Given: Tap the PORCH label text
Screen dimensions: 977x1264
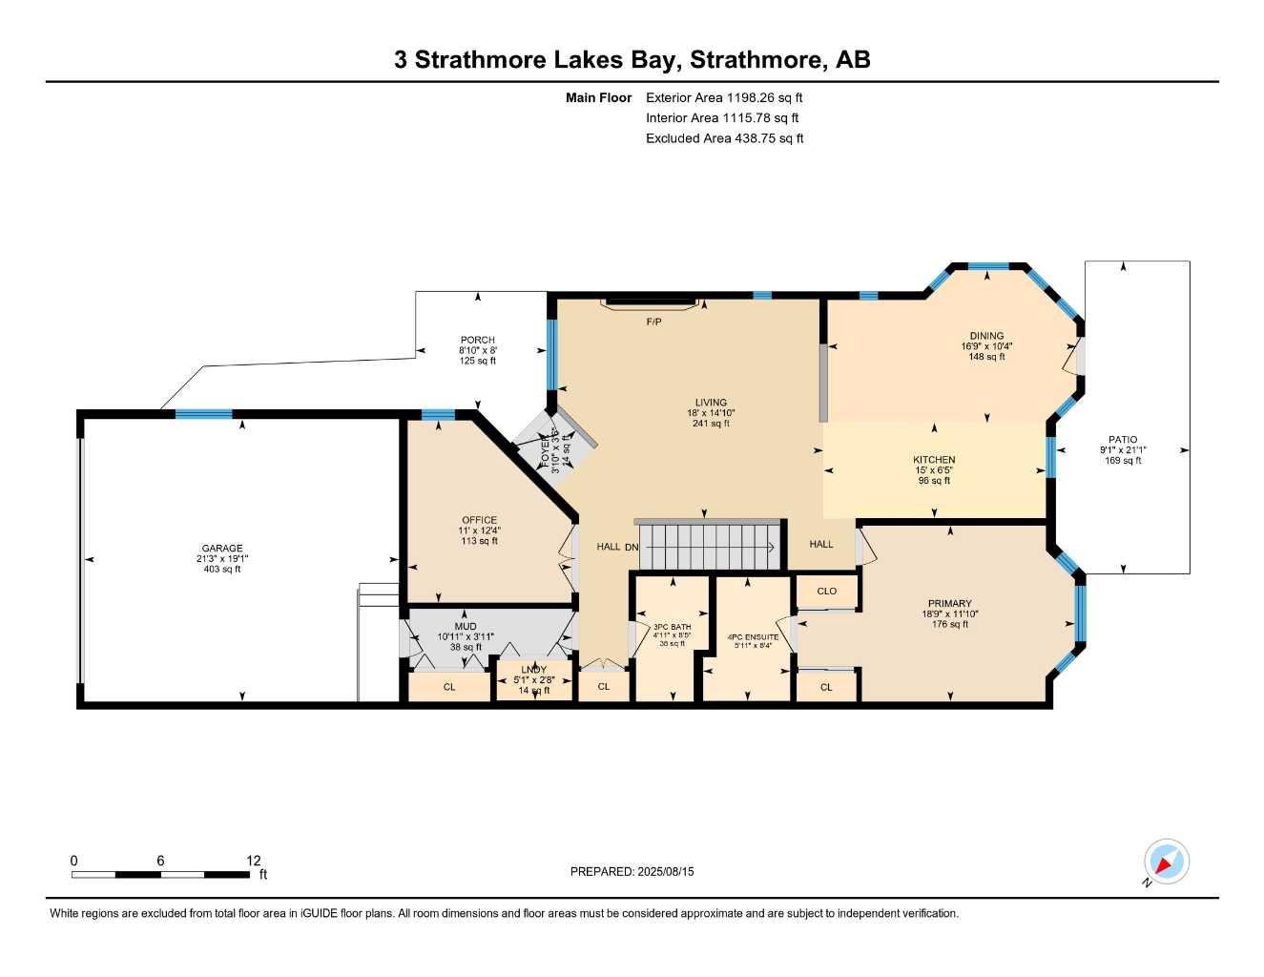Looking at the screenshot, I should point(478,340).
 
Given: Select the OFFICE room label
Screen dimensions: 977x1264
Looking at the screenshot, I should point(480,520).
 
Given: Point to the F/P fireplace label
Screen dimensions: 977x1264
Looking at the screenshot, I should point(653,322).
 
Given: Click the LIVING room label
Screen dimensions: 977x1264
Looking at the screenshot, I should point(711,403).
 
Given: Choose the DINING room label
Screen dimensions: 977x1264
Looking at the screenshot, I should point(986,336).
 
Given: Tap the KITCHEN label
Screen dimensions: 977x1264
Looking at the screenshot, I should point(934,460).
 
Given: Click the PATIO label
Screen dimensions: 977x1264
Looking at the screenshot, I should point(1123,440).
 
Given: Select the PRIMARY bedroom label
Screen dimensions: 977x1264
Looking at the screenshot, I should point(950,603).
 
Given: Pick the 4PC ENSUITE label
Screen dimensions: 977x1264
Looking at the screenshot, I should point(753,637).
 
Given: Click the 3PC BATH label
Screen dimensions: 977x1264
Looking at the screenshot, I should point(672,627).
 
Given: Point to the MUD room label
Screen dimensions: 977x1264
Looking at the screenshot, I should point(466,627).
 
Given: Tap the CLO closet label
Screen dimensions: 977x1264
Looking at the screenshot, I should point(827,592).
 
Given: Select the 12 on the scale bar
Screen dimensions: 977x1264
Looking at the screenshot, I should point(253,861).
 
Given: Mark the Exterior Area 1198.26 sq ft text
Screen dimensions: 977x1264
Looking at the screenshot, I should point(724,97).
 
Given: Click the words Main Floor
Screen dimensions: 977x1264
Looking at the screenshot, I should point(598,97).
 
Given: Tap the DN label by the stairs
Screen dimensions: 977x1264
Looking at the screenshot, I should point(632,547).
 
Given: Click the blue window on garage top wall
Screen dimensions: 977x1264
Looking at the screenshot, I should point(204,414).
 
